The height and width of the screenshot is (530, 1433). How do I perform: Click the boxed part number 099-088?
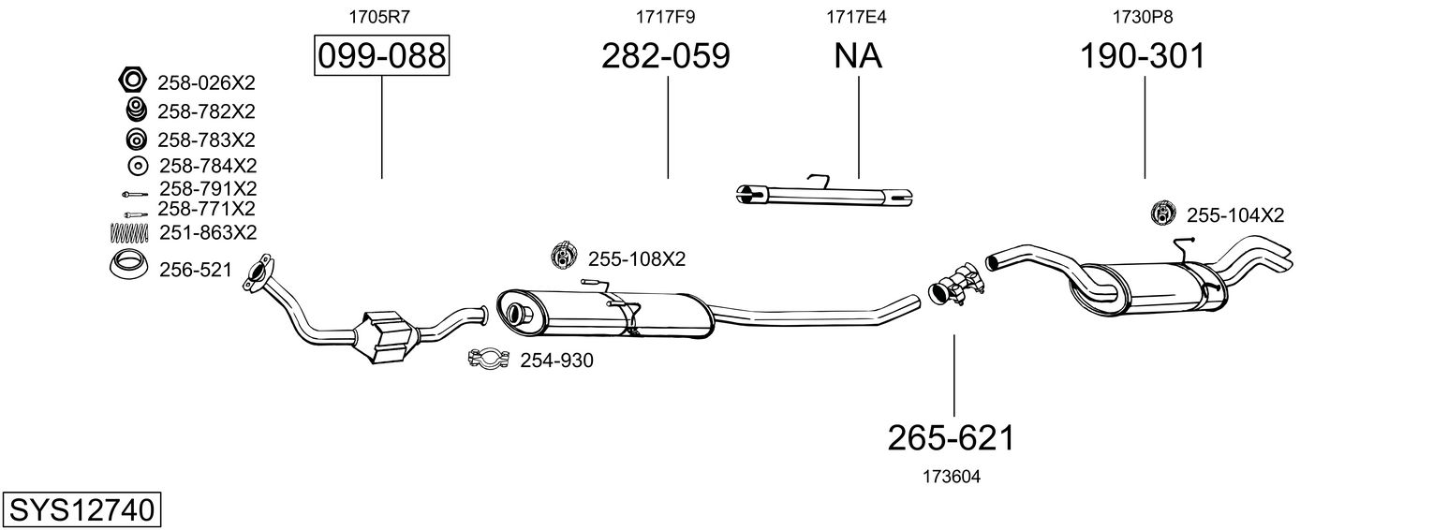click(x=381, y=56)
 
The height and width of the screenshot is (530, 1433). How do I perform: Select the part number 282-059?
click(x=665, y=56)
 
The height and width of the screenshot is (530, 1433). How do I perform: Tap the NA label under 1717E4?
click(x=858, y=56)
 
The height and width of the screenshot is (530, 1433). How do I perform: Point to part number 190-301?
click(x=1143, y=56)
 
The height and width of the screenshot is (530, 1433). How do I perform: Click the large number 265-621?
click(x=951, y=436)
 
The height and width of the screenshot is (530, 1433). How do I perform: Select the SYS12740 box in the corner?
click(x=82, y=510)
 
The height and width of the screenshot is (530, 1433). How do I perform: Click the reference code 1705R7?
click(x=379, y=16)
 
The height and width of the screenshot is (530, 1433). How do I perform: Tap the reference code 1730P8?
click(x=1143, y=16)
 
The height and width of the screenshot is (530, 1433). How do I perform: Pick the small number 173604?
click(x=951, y=477)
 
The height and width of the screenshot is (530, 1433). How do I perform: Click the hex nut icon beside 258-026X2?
click(x=132, y=81)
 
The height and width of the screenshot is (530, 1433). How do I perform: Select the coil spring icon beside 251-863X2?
click(x=131, y=231)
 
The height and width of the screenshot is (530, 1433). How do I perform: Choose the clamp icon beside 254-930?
click(x=488, y=359)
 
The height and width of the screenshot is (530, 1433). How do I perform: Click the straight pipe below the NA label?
click(x=824, y=195)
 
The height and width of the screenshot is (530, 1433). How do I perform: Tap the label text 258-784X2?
click(x=207, y=166)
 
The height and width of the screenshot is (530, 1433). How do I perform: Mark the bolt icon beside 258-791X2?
click(x=132, y=194)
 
